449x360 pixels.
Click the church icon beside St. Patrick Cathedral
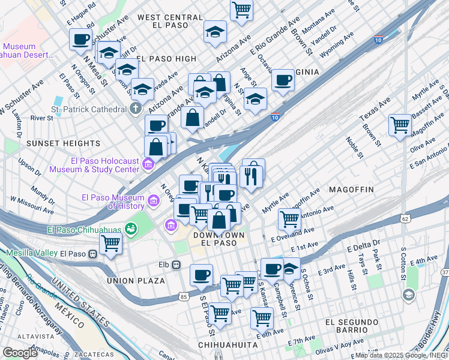[x=136, y=109]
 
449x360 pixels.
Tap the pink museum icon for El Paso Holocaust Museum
[x=149, y=164]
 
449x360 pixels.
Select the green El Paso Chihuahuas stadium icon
[x=130, y=229]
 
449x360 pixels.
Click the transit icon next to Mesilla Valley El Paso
[x=93, y=254]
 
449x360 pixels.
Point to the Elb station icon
[x=176, y=265]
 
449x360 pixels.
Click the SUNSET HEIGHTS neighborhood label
[x=63, y=143]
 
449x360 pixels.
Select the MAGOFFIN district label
[x=351, y=190]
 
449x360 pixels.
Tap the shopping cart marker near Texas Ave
[x=400, y=125]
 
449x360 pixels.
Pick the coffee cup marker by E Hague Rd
[x=80, y=40]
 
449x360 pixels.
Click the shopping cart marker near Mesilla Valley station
[x=111, y=243]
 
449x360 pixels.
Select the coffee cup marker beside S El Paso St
[x=201, y=274]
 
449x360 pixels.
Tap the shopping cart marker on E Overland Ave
[x=289, y=219]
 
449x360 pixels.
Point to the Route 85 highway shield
[x=182, y=297]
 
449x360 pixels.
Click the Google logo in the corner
[x=20, y=353]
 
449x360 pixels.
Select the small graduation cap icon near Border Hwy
[x=408, y=295]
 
